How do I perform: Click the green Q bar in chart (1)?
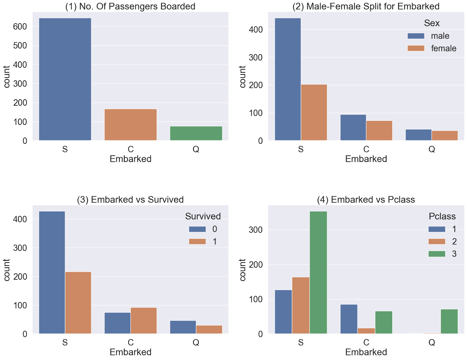(196, 133)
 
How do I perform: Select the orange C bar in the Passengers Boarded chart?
(130, 125)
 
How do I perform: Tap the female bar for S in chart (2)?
(314, 112)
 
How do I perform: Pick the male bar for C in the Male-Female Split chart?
(353, 127)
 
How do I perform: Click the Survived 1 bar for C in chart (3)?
(144, 320)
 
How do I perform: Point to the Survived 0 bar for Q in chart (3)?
(183, 327)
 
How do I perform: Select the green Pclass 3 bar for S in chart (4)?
(318, 272)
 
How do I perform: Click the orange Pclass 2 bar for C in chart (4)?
(366, 331)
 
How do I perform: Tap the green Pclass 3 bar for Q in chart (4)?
(449, 321)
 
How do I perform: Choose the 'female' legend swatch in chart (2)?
(416, 48)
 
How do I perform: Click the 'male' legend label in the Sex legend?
(440, 36)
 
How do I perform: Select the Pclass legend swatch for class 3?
(437, 254)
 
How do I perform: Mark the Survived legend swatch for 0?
(197, 229)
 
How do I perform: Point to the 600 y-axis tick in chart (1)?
(20, 27)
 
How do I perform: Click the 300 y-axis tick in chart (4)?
(256, 230)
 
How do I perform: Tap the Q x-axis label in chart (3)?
(196, 342)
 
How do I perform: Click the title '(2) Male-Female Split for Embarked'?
(366, 6)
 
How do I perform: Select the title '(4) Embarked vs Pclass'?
(366, 199)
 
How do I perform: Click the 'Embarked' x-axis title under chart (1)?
(130, 159)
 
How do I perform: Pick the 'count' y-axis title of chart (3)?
(7, 270)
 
